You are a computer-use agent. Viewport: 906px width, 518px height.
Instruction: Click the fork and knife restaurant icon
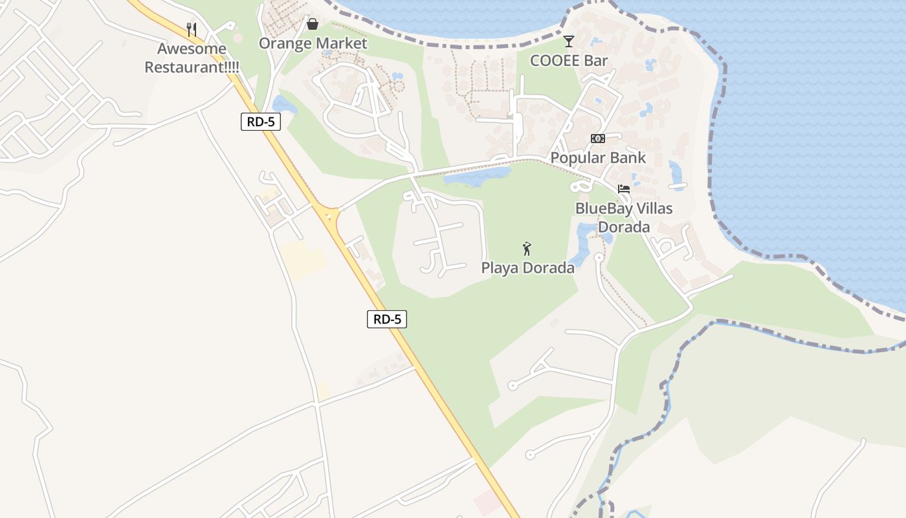click(191, 29)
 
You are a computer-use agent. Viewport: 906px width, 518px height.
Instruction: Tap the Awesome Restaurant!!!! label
click(192, 58)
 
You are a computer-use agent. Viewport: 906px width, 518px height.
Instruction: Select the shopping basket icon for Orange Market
click(313, 25)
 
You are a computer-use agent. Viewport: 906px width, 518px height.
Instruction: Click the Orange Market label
click(313, 43)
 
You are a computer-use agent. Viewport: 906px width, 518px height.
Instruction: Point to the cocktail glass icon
click(569, 41)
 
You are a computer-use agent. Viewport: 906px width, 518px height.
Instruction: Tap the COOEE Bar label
click(569, 61)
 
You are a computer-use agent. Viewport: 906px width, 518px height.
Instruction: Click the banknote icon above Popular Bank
click(597, 139)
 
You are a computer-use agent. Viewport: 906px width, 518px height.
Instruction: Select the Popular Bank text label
click(598, 157)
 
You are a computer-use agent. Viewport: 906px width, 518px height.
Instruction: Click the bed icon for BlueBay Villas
click(624, 189)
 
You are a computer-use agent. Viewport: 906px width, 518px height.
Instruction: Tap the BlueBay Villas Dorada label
click(624, 218)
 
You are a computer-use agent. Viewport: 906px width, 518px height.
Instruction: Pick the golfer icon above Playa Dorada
click(527, 249)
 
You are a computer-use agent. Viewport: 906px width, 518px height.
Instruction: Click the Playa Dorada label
click(527, 267)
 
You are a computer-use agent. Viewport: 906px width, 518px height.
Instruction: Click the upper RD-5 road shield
click(261, 122)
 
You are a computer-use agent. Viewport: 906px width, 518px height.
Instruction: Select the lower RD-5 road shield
click(387, 319)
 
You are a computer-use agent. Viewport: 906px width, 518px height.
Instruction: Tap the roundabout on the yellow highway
click(329, 214)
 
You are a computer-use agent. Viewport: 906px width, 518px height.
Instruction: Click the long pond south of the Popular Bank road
click(478, 175)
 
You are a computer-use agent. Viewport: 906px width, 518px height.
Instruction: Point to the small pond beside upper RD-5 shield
click(284, 105)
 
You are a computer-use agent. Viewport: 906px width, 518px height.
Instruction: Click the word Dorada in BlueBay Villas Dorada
click(624, 227)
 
